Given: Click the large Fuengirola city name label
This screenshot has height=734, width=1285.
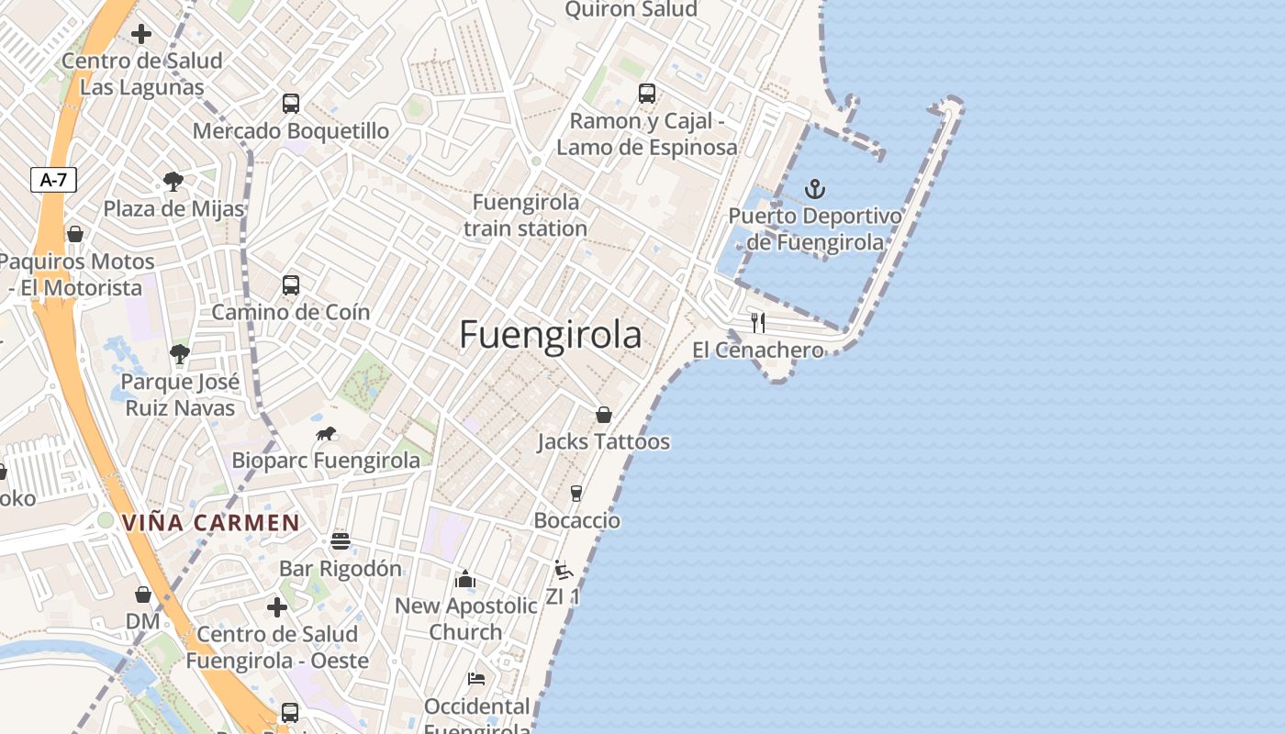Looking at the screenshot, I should point(550,335).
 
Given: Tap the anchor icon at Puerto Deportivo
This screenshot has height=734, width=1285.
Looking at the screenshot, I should point(815,190).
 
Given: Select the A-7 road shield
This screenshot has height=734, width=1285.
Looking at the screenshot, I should point(53,180).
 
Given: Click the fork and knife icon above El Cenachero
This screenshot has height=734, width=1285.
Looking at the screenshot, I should point(758,322).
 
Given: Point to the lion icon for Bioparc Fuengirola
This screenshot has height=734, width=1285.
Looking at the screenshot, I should point(326,434).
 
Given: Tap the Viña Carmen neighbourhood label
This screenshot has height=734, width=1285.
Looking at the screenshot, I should point(211,523).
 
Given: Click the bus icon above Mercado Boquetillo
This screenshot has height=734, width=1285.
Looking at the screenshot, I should point(291,104).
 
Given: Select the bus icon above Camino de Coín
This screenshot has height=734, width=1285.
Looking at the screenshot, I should point(291,285).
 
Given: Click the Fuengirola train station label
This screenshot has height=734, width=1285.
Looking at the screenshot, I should point(525,215).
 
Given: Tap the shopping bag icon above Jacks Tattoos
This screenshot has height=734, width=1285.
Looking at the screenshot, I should point(603,415).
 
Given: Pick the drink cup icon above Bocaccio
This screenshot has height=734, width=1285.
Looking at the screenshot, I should point(576,494).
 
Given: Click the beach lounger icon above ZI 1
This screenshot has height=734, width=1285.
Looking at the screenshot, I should point(564,570).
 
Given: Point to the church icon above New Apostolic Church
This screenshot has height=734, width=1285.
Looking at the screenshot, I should point(465,579).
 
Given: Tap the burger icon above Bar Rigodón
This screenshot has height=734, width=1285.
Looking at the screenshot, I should point(341,540).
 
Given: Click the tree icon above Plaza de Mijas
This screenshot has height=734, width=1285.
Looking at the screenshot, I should point(173,181).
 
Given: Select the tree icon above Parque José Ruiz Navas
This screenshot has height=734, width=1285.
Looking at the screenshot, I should point(180,354).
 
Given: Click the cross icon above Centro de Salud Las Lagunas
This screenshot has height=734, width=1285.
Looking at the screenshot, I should point(141,35).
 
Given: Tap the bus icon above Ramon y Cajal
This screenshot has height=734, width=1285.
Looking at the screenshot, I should point(647,93).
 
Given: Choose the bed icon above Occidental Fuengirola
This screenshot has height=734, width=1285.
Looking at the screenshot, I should point(476,679).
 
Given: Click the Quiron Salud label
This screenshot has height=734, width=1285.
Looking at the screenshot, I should point(631,10).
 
